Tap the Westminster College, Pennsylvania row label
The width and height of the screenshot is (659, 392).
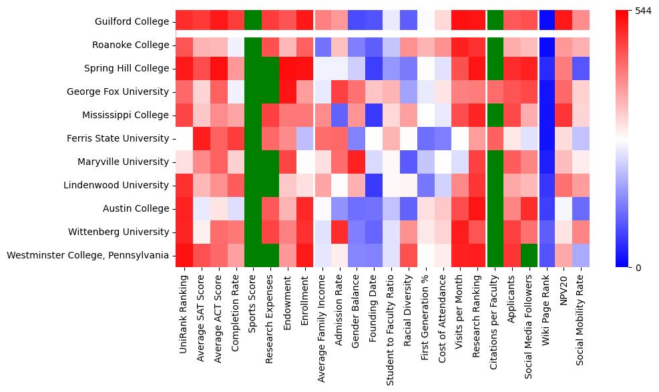tap(87, 255)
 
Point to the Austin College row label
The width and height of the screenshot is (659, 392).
tap(136, 208)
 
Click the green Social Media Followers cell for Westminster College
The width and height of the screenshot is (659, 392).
tap(530, 255)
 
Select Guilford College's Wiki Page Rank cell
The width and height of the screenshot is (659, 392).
tap(547, 21)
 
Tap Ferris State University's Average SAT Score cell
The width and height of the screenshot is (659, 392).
tap(202, 138)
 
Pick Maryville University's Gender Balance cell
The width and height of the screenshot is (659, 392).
tap(357, 162)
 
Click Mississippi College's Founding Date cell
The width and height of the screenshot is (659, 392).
tap(375, 115)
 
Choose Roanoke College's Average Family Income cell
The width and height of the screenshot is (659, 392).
tap(322, 45)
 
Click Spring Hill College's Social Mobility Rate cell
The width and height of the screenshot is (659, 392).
tap(582, 68)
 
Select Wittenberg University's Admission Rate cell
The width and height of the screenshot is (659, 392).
tap(340, 232)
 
